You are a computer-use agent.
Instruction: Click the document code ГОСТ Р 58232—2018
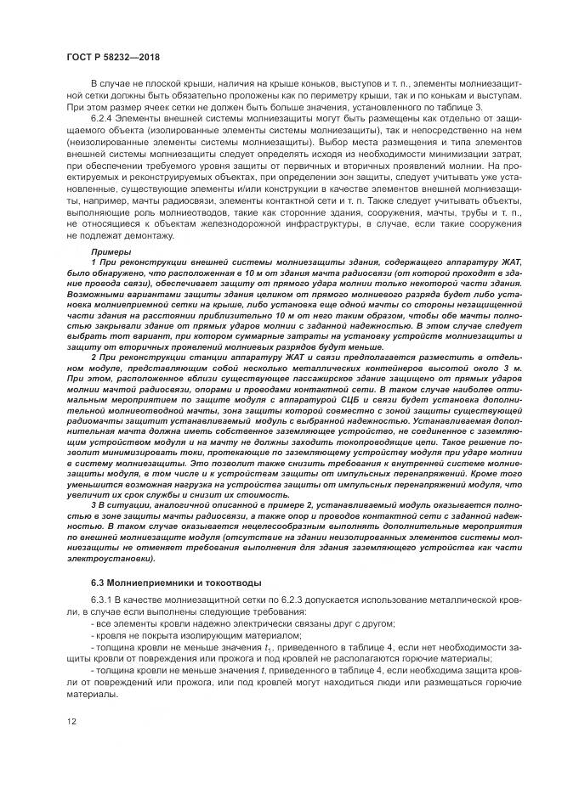113,57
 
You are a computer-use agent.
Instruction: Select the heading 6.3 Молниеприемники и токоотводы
176,583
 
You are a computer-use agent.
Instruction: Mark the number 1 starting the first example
93,263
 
